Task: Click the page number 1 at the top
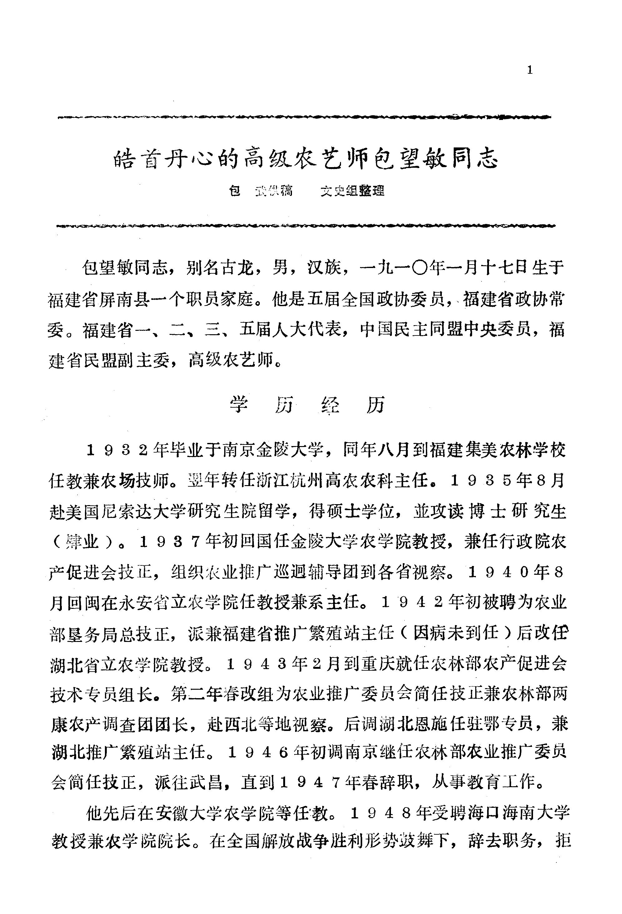coord(530,70)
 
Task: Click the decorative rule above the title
coord(305,117)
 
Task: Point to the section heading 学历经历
coord(307,405)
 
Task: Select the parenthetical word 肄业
coord(82,543)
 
